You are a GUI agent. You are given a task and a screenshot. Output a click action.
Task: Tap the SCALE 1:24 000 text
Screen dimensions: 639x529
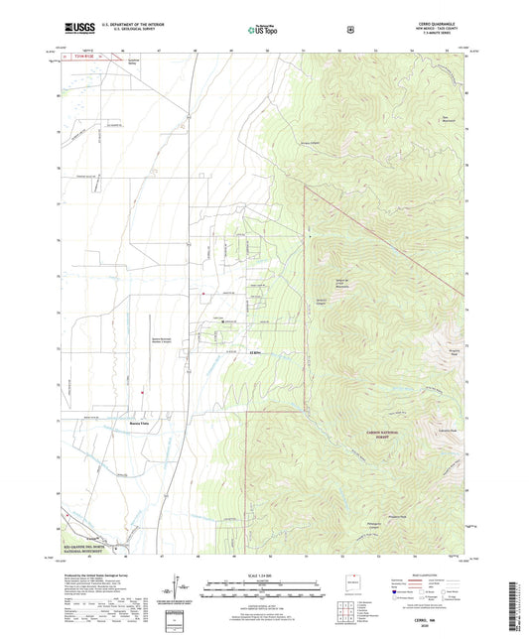click(265, 575)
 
